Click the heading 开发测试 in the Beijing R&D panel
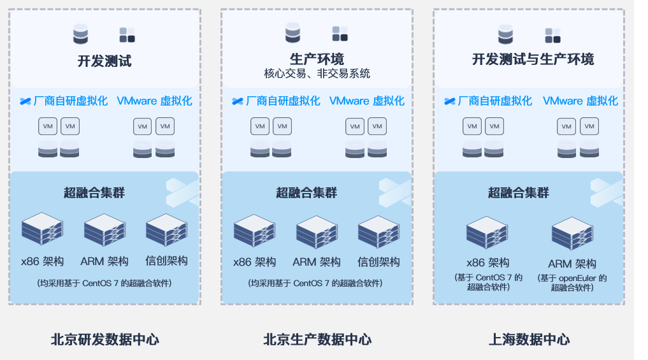pos(104,61)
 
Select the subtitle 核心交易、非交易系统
pos(317,74)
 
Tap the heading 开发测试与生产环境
pos(533,60)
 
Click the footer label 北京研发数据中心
pos(104,340)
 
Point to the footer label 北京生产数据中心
pos(317,340)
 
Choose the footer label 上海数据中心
pos(529,340)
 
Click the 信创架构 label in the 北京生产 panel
pos(378,262)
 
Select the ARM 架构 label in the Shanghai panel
pos(572,264)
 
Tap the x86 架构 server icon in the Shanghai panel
pos(487,233)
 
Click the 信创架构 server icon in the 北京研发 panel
pos(166,231)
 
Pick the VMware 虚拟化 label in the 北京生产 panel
pos(366,101)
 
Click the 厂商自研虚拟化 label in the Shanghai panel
pos(494,101)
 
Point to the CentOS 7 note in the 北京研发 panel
pos(104,283)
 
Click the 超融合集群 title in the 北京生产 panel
pos(307,192)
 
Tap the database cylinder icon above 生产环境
pos(292,33)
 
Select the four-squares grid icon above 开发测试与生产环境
pos(552,34)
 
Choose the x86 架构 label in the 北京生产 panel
pos(254,262)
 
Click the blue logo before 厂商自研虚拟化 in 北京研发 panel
pos(25,101)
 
